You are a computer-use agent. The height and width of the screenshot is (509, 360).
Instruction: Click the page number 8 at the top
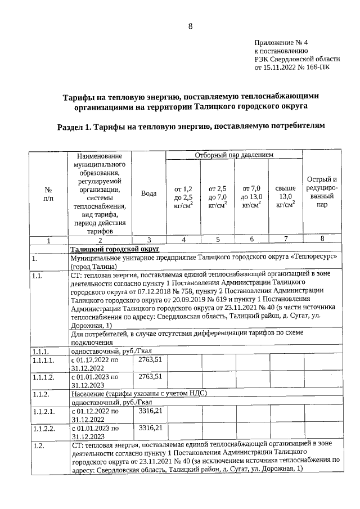(x=190, y=26)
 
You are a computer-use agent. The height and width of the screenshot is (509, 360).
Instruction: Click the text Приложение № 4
(x=281, y=42)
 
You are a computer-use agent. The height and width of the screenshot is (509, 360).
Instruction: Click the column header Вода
(x=148, y=193)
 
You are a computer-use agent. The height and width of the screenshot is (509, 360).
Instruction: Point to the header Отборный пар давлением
(x=233, y=154)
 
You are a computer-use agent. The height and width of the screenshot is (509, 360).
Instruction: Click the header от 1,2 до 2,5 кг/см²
(x=183, y=197)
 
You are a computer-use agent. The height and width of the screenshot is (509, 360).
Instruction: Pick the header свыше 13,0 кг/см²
(x=286, y=197)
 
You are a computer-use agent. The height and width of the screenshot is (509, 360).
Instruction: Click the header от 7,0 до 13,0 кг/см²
(x=251, y=197)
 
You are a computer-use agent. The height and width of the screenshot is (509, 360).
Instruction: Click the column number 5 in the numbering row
(x=217, y=239)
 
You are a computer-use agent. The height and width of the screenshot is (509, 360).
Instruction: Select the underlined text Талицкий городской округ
(x=115, y=248)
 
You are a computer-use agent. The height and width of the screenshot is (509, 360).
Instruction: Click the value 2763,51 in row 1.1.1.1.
(x=150, y=358)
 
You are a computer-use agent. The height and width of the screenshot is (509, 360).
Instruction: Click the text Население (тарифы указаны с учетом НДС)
(x=139, y=393)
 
